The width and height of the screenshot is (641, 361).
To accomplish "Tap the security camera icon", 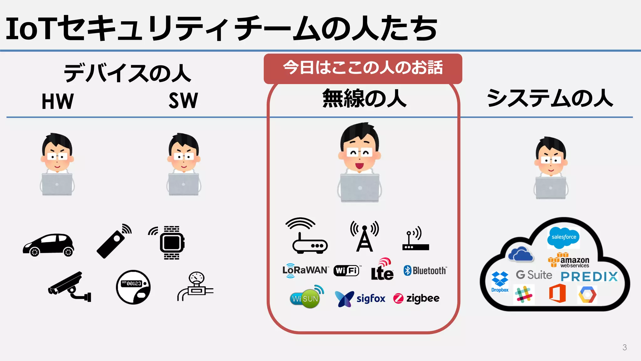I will click(x=69, y=287).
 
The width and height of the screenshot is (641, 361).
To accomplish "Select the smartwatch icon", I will click(x=172, y=243).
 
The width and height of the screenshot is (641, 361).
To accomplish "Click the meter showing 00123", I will click(x=133, y=287).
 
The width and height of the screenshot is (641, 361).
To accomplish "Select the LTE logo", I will click(x=382, y=270).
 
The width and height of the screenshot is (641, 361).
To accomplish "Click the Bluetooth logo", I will click(x=425, y=270).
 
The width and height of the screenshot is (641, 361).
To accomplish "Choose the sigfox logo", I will click(x=360, y=299).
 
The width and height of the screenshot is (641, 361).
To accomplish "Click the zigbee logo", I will click(x=417, y=298).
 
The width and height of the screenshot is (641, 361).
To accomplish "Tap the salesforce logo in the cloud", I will click(x=563, y=237).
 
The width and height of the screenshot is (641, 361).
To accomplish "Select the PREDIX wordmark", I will click(x=589, y=276).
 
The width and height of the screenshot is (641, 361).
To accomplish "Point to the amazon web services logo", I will click(x=569, y=261).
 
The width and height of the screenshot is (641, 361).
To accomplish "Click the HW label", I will click(x=58, y=101).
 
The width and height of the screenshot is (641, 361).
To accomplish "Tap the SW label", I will click(x=183, y=101).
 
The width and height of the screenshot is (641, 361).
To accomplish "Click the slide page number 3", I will click(x=624, y=347).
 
